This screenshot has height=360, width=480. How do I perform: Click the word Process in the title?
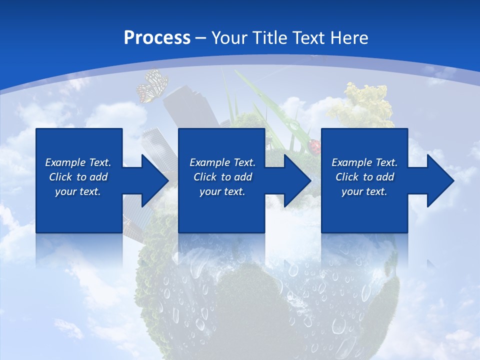pyautogui.click(x=157, y=38)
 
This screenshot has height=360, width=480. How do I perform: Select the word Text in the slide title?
pyautogui.click(x=309, y=38)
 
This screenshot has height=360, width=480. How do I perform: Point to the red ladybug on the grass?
pyautogui.click(x=314, y=146)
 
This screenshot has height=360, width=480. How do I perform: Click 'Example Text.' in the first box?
pyautogui.click(x=78, y=162)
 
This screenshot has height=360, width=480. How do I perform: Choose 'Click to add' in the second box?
pyautogui.click(x=222, y=177)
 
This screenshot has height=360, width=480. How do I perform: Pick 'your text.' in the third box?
pyautogui.click(x=364, y=191)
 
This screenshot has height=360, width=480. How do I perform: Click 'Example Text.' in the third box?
pyautogui.click(x=364, y=162)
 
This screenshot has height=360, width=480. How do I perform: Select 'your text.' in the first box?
pyautogui.click(x=78, y=191)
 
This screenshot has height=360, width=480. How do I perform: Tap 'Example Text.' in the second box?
pyautogui.click(x=222, y=162)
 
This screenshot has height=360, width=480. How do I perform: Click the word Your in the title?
pyautogui.click(x=227, y=38)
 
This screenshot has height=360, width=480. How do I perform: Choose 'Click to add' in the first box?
pyautogui.click(x=78, y=177)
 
